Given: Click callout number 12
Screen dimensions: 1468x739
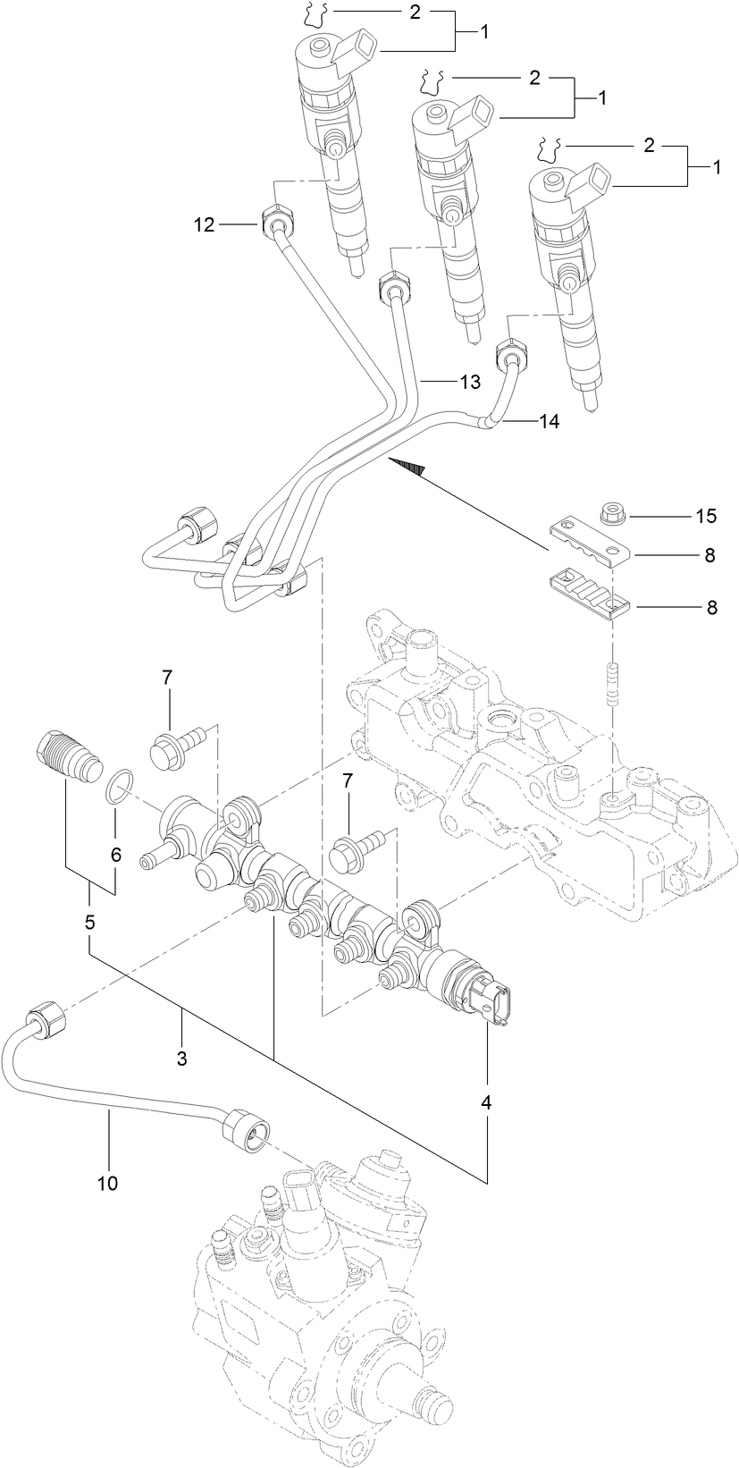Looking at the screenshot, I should (205, 225).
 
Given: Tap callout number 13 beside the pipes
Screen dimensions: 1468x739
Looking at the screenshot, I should (470, 382).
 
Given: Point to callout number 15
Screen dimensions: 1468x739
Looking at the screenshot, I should (707, 516).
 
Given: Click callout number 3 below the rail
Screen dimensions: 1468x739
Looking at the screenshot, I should (181, 1059).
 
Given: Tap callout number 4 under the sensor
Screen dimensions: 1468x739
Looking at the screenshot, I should (486, 1103).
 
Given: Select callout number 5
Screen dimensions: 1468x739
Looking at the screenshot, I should (89, 922).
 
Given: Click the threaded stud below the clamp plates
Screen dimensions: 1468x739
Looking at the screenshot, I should (612, 684).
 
